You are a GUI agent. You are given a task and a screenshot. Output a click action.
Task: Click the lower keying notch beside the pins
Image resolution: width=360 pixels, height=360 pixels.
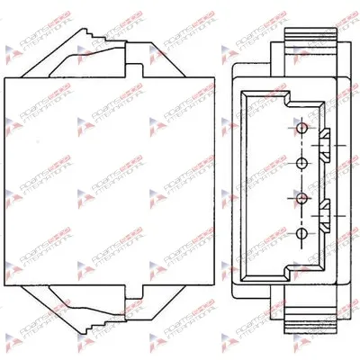(x=323, y=216)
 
